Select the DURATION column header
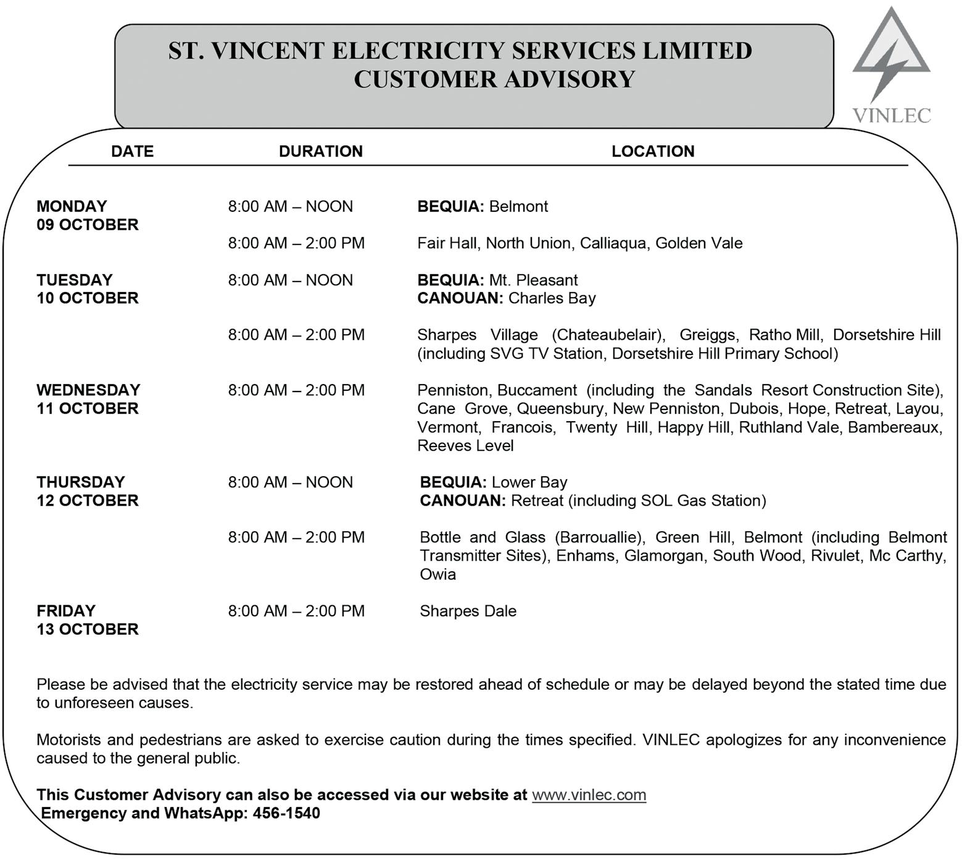tap(320, 151)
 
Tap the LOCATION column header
tap(653, 151)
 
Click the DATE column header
tap(132, 151)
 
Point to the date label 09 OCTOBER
tap(88, 225)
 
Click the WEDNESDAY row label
tap(88, 390)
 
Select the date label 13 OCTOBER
tap(88, 629)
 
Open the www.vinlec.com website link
tap(589, 795)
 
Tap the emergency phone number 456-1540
tap(286, 813)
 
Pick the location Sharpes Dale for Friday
tap(468, 611)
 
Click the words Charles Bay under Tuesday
tap(552, 298)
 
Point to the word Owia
tap(437, 574)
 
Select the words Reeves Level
tap(465, 446)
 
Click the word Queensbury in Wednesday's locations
tap(560, 409)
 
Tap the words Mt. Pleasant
tap(533, 280)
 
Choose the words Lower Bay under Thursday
tap(529, 482)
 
